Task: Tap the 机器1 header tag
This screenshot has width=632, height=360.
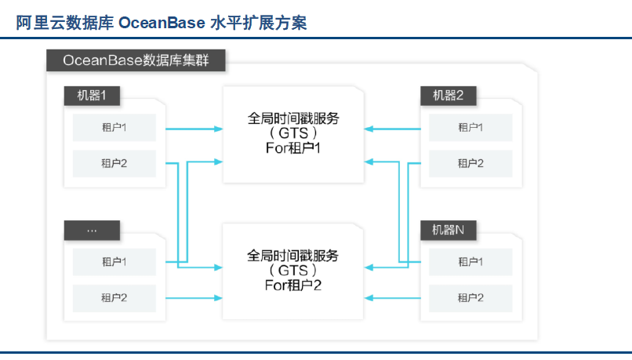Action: click(x=92, y=96)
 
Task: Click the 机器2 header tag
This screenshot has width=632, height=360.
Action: click(x=449, y=96)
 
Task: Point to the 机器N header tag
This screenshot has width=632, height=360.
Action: click(x=449, y=231)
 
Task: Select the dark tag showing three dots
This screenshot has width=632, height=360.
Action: click(x=92, y=231)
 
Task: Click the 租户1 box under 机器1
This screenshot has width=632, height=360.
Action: click(x=114, y=127)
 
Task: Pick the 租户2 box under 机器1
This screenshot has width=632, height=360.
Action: click(x=114, y=163)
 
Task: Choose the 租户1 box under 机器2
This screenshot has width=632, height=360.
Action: click(x=470, y=127)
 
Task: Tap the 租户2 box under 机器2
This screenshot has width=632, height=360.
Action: click(x=470, y=163)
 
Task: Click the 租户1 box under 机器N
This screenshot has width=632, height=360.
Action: click(x=470, y=261)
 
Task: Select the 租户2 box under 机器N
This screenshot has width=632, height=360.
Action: click(x=470, y=297)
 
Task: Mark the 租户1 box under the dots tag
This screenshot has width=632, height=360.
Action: click(x=114, y=261)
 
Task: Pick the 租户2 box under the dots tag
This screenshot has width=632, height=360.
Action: click(x=114, y=297)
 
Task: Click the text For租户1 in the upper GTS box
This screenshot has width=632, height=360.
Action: click(x=293, y=147)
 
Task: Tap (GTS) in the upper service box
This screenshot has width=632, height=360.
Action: click(x=293, y=133)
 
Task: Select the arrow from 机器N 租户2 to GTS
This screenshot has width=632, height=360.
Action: click(x=394, y=297)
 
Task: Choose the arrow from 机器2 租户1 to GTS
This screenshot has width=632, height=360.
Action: click(x=394, y=127)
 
